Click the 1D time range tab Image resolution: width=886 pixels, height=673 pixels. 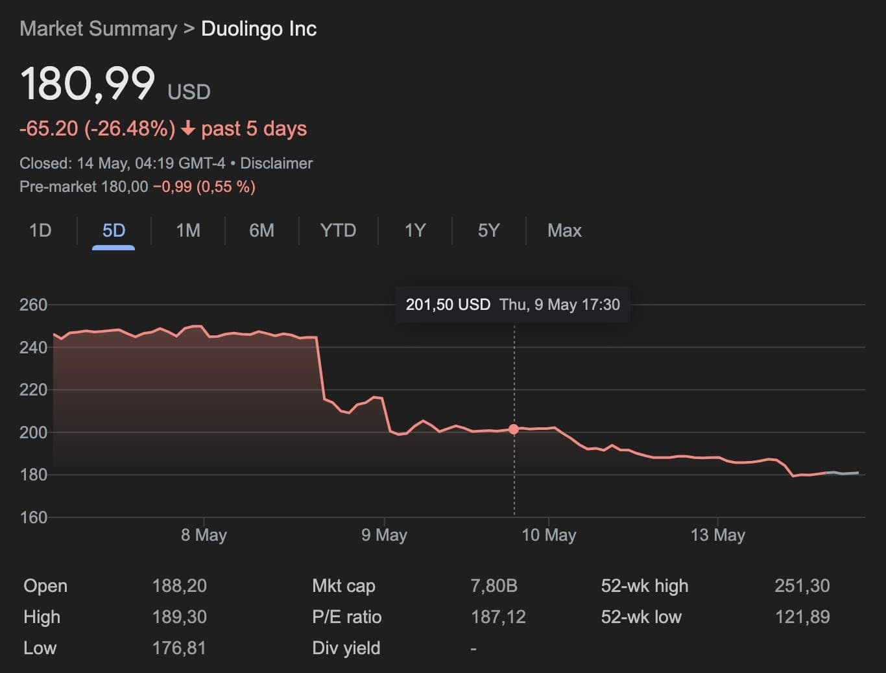click(40, 231)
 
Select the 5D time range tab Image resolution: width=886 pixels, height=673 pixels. click(114, 231)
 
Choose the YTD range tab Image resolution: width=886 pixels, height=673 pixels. click(338, 231)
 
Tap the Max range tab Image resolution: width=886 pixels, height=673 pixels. click(564, 231)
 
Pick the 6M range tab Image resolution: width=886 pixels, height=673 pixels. click(261, 231)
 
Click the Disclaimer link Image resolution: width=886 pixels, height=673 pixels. click(276, 163)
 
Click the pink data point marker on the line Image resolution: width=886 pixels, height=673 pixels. click(514, 429)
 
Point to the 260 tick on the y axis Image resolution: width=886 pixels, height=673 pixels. click(33, 305)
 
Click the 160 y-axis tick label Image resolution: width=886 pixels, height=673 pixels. click(33, 517)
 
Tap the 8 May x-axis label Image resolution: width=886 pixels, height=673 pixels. click(204, 535)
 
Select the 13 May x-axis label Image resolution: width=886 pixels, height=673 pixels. click(718, 535)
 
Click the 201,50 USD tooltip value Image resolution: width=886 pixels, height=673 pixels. click(448, 305)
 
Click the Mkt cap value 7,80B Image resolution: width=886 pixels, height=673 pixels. click(494, 586)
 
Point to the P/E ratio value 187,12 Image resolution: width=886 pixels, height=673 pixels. click(498, 617)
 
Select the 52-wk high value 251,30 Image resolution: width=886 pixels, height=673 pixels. click(802, 586)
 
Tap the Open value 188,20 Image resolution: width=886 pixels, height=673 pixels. click(179, 586)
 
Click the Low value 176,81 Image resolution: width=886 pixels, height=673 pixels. click(179, 648)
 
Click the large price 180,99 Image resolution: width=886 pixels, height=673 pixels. click(88, 84)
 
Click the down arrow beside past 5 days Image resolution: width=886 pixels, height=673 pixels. click(188, 129)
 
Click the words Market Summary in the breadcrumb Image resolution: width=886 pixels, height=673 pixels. click(98, 29)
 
